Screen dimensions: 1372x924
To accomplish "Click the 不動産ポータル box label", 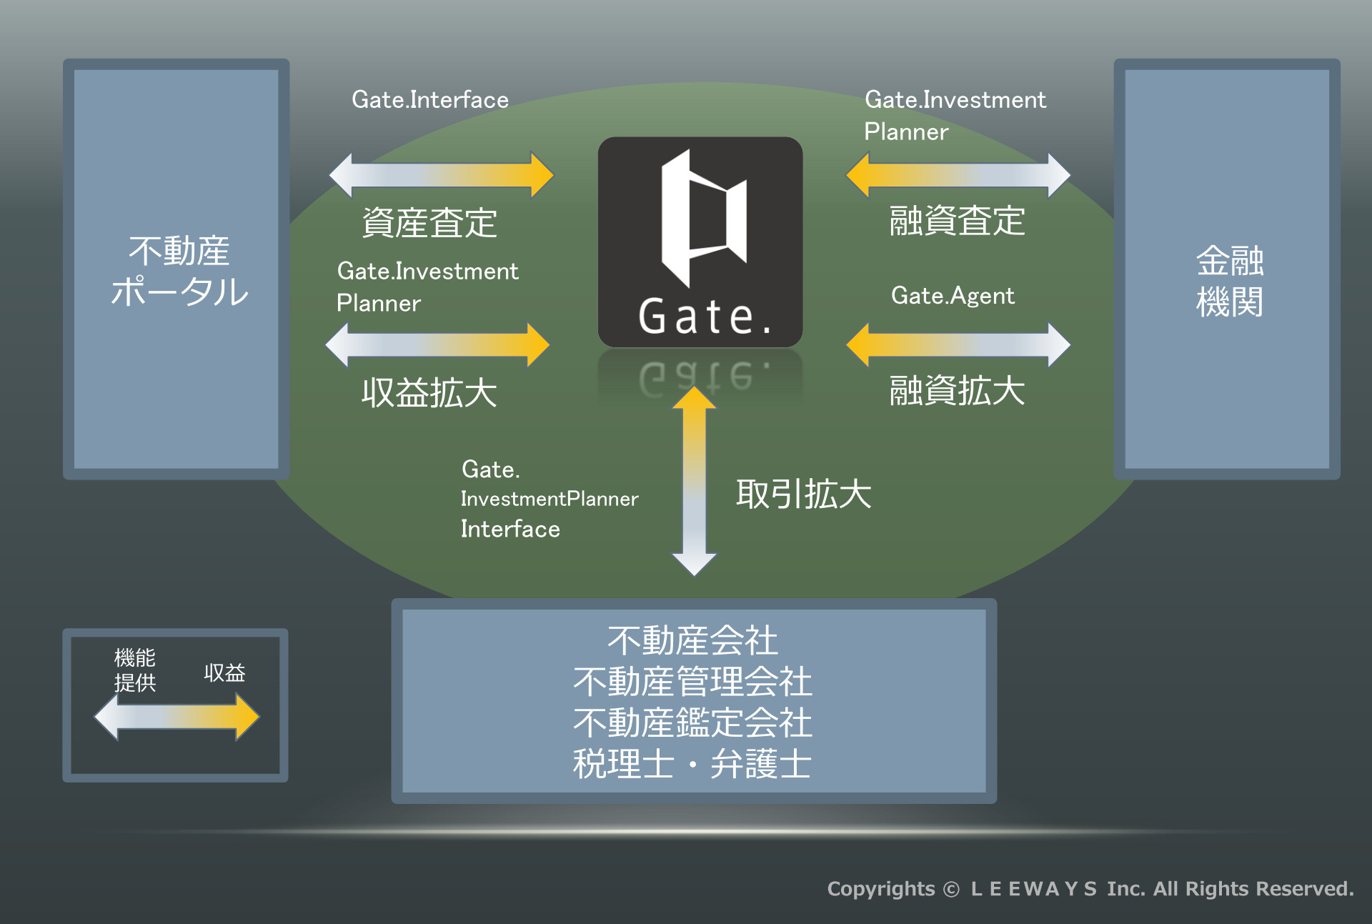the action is coord(179,272).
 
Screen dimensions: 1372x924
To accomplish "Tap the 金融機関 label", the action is coord(1230,281).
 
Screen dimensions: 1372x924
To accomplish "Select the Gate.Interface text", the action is coord(430,99).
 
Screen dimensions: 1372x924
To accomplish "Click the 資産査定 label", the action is coord(429,222).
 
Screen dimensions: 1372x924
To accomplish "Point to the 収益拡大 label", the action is coord(429,392).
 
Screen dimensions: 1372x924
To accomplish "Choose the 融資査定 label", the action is coord(958,221).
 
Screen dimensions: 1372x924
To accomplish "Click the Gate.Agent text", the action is coord(953,296).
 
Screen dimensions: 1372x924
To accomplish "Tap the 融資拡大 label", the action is coord(958,391).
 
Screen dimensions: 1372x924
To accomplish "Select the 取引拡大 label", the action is coord(804,494).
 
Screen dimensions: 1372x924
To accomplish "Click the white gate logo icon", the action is coord(704,218).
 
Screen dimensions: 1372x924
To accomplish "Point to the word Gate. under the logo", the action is coord(705,317).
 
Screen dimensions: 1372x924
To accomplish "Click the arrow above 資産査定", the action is coord(441,174).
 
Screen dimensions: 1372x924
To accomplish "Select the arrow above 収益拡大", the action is coord(437,344).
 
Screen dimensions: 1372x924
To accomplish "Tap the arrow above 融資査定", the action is coord(958,174).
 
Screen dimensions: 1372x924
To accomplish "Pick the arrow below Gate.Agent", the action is coord(958,344).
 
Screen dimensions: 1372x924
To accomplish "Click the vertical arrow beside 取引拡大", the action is coord(694,480).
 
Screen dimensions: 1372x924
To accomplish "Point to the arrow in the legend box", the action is coord(177,717).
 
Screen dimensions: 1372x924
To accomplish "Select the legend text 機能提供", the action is coord(135,670).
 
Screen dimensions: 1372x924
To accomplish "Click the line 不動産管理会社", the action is coord(692,681).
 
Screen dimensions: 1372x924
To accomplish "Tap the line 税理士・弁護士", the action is coord(692,764).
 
